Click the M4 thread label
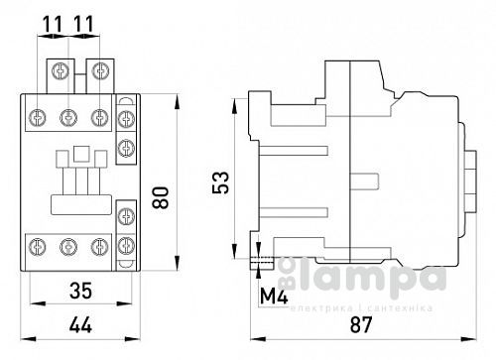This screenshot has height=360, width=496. pyautogui.click(x=273, y=297)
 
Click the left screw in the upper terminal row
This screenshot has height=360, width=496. pyautogui.click(x=39, y=116)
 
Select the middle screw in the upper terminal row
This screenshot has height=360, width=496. pyautogui.click(x=68, y=116)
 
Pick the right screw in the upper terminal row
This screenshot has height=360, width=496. pyautogui.click(x=98, y=116)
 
